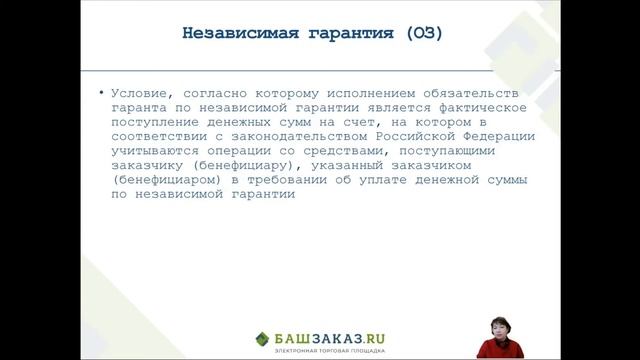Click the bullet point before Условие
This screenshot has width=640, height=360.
(x=101, y=92)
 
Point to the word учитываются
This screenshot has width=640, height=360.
(x=155, y=152)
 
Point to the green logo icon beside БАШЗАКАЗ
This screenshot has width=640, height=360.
(x=261, y=338)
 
